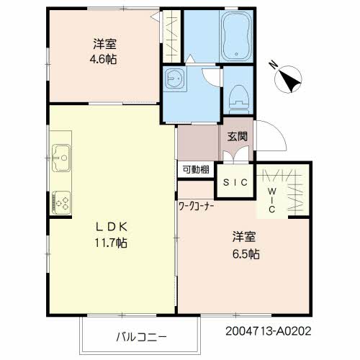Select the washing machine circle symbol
174,82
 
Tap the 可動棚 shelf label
196,169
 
